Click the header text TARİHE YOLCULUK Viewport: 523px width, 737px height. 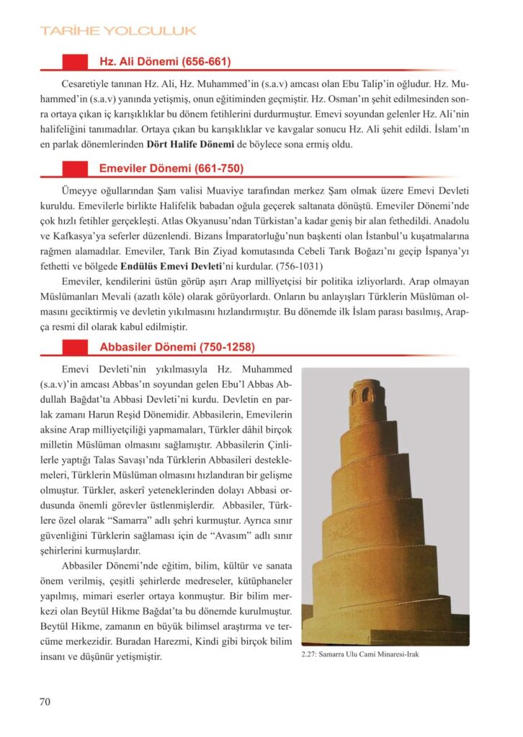tap(118, 31)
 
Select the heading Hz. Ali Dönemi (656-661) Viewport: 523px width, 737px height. tap(164, 62)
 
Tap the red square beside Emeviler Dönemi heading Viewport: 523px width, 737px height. tap(75, 168)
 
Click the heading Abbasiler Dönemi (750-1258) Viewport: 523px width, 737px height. tap(176, 347)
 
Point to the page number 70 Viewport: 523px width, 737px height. tap(45, 703)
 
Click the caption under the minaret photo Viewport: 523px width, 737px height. tap(359, 656)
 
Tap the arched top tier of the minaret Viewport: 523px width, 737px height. tap(367, 393)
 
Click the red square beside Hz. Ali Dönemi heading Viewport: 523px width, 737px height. tap(75, 62)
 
